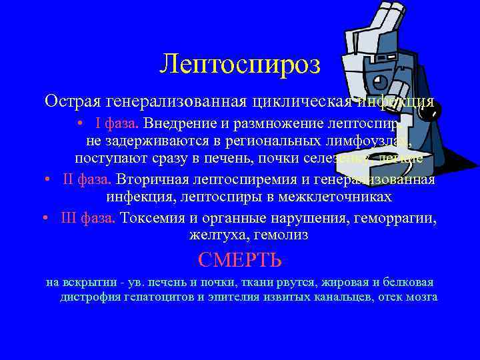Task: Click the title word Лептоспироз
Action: [x=240, y=64]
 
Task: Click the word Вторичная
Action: [x=148, y=180]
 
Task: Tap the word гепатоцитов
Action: [x=157, y=297]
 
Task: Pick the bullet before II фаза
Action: [x=47, y=181]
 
